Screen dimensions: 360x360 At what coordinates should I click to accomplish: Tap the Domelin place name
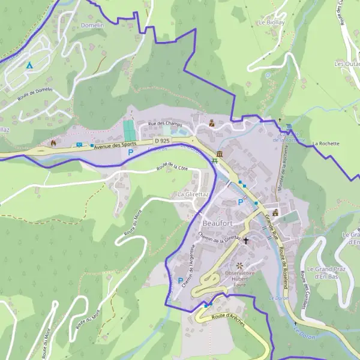[x=92, y=26]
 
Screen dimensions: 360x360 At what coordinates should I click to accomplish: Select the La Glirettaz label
[x=193, y=195]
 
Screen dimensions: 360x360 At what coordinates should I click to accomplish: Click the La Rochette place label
[x=326, y=144]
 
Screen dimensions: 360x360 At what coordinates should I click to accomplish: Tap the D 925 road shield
[x=161, y=140]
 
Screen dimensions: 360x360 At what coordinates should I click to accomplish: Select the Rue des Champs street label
[x=164, y=124]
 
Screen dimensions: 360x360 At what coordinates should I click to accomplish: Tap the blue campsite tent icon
[x=28, y=64]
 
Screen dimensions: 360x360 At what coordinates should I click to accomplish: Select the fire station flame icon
[x=54, y=143]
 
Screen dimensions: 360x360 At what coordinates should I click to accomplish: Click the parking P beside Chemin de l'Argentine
[x=181, y=280]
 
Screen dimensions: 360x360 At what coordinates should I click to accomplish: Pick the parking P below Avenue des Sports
[x=130, y=153]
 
